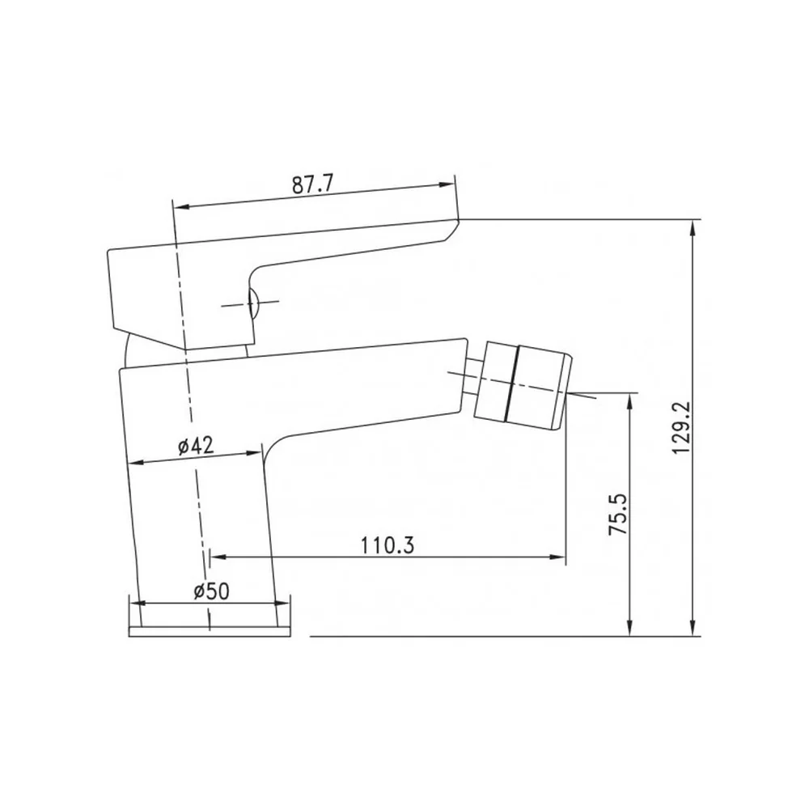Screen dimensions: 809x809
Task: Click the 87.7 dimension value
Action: (313, 184)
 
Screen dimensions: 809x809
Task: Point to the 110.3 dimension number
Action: (388, 544)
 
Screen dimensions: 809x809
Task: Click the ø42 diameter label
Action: (196, 445)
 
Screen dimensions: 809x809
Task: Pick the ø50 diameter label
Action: (211, 591)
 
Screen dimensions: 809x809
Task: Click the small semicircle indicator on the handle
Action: (253, 303)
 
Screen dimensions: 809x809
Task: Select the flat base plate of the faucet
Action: (210, 632)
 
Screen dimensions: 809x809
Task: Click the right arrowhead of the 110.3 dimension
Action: (559, 557)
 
